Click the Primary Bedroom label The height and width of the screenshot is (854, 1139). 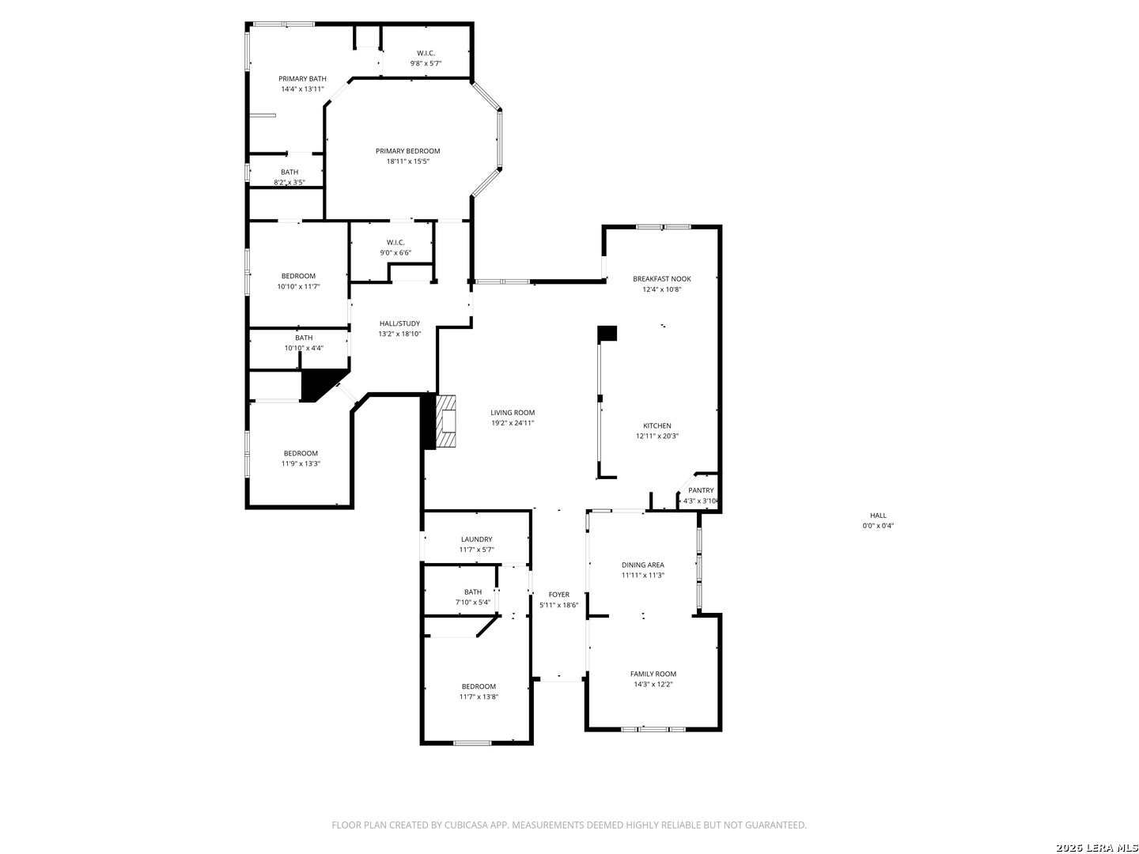pos(407,151)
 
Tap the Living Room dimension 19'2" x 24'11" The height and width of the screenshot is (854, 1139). pos(513,423)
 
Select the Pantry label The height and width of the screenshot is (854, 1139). pos(701,490)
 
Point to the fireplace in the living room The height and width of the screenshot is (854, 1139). pos(448,422)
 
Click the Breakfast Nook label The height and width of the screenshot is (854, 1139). pos(661,279)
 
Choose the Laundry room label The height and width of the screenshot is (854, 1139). pos(476,539)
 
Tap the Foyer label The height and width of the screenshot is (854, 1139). pos(558,595)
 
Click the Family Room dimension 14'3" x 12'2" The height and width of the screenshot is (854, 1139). pos(653,685)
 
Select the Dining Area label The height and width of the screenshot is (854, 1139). pos(642,565)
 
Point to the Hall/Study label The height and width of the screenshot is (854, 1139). pos(399,323)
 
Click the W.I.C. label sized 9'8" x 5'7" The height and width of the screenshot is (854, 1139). pos(426,53)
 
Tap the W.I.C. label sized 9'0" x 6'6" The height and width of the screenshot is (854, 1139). pos(395,243)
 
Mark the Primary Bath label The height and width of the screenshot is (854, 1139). pos(302,79)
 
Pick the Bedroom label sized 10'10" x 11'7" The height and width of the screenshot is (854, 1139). pos(298,276)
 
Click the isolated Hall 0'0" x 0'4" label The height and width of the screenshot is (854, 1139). pos(878,516)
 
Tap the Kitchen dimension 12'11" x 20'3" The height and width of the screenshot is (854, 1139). pos(657,436)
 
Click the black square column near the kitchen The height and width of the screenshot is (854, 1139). pos(607,333)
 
